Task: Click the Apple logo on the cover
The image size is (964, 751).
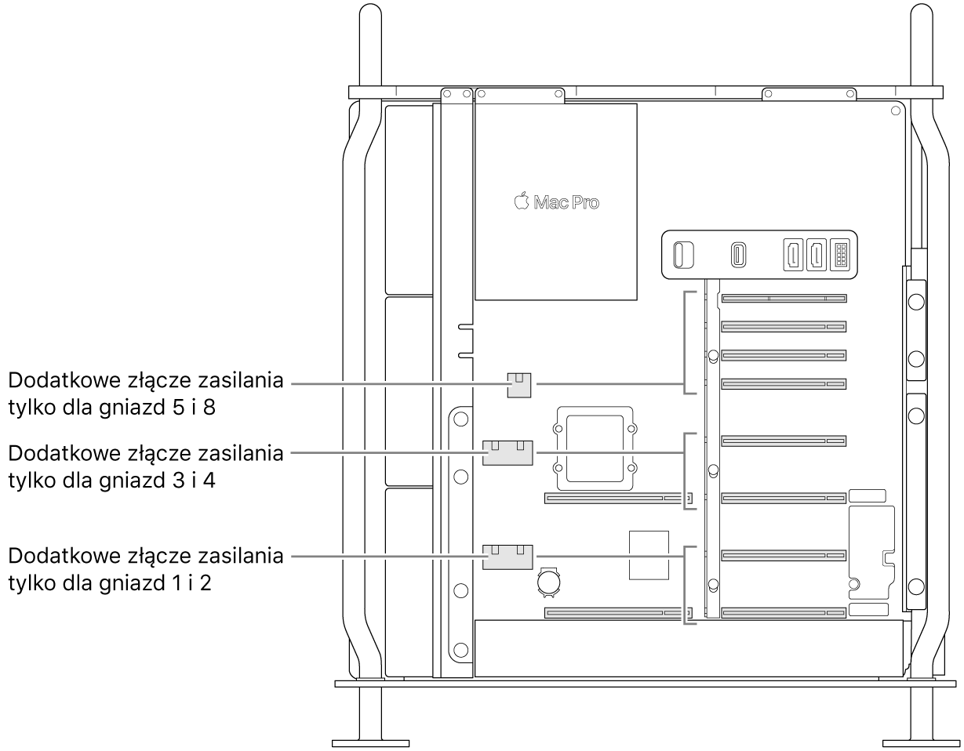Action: [522, 201]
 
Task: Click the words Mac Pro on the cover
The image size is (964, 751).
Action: [566, 202]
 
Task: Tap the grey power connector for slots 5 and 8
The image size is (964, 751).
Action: [519, 385]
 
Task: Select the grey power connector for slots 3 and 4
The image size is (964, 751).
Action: [507, 452]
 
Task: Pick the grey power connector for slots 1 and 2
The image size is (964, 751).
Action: [507, 557]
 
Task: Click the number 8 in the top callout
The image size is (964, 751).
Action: [209, 407]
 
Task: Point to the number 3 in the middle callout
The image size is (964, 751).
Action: [179, 480]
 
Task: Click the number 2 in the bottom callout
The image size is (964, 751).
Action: [205, 582]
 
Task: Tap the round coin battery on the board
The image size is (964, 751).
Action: [548, 582]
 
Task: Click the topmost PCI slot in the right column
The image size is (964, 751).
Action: [784, 299]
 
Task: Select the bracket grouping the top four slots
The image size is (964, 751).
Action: [689, 343]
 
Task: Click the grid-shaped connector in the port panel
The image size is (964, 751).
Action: [841, 255]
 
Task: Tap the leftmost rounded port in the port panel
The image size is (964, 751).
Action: [683, 255]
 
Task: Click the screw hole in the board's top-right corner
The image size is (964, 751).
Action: [895, 111]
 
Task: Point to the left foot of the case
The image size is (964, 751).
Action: [370, 743]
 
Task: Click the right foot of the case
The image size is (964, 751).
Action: [921, 743]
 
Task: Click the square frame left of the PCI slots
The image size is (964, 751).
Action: [595, 448]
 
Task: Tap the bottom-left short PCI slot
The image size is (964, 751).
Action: [618, 613]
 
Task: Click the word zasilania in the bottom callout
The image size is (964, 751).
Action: [241, 556]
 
